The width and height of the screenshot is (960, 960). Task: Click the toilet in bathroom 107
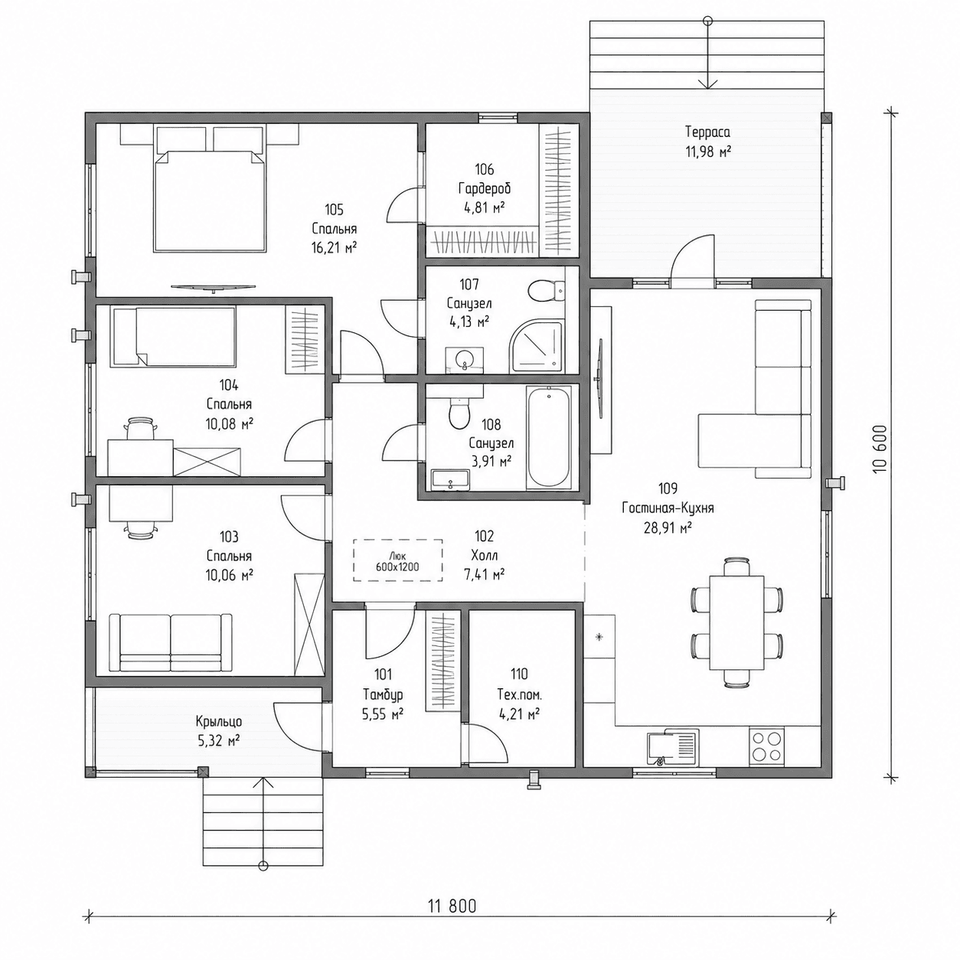point(547,291)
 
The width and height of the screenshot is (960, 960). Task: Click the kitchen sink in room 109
point(673,746)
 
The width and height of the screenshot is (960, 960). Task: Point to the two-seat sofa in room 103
point(171,642)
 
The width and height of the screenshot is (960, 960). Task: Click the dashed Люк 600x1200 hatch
point(397,560)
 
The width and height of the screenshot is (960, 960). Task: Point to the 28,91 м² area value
point(668,527)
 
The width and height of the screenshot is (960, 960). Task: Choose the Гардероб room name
point(485,188)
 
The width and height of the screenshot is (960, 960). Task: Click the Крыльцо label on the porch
point(219,721)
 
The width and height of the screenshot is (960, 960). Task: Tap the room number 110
point(518,674)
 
